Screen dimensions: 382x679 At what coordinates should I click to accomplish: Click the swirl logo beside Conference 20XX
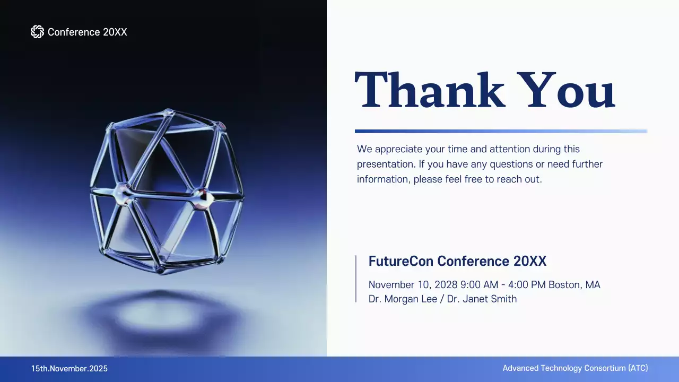(x=37, y=32)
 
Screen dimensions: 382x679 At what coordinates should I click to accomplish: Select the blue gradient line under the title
(x=501, y=131)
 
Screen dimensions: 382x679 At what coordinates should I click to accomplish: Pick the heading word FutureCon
(x=401, y=261)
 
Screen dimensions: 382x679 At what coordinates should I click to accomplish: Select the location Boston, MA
(x=574, y=285)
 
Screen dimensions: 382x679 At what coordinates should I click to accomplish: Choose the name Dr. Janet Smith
(x=482, y=299)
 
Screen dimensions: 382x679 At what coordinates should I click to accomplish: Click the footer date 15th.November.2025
(x=69, y=368)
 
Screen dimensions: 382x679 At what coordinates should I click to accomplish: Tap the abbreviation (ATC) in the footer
(x=638, y=368)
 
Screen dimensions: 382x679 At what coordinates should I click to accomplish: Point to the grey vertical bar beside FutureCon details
(x=356, y=279)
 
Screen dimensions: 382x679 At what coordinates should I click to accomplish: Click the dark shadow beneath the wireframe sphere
(x=159, y=316)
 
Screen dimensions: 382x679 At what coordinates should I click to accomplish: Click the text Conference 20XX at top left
(x=88, y=32)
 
